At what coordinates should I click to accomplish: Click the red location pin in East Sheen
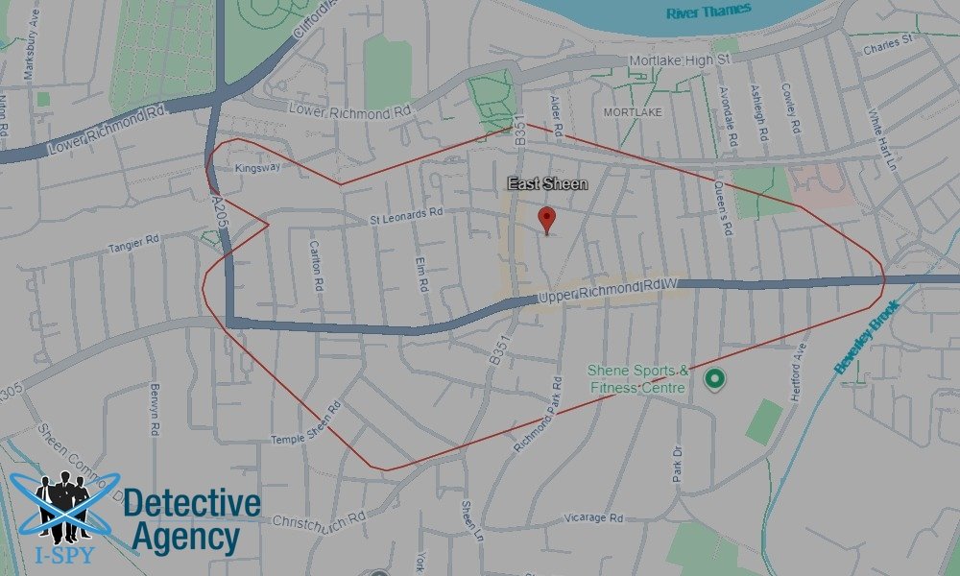(547, 218)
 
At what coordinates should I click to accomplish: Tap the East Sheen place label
(547, 183)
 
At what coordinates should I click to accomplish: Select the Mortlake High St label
(680, 60)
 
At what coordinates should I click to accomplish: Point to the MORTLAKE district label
(633, 112)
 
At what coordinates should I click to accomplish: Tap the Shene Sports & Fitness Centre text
(637, 379)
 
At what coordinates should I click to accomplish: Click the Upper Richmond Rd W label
(608, 291)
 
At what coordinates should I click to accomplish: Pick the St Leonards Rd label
(407, 220)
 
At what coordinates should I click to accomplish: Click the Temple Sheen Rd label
(306, 423)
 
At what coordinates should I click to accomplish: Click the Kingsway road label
(257, 167)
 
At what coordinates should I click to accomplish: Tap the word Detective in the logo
(192, 504)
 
